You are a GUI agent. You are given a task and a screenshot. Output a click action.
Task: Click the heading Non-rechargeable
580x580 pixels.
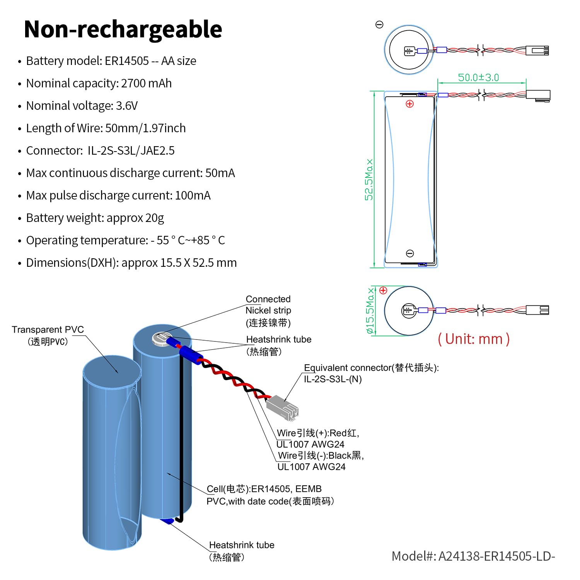pyautogui.click(x=123, y=30)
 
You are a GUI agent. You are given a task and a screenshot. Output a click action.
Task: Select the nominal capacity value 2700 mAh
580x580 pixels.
pyautogui.click(x=146, y=83)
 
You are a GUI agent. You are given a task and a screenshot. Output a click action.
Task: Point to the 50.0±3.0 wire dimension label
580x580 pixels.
pyautogui.click(x=479, y=77)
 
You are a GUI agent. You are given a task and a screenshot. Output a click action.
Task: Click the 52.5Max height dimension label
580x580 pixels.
pyautogui.click(x=369, y=179)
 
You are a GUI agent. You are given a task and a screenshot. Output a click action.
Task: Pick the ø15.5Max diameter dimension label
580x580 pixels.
pyautogui.click(x=370, y=310)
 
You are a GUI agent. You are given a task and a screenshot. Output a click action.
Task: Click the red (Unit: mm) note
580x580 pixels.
pyautogui.click(x=474, y=339)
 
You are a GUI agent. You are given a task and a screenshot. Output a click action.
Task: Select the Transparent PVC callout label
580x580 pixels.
pyautogui.click(x=48, y=335)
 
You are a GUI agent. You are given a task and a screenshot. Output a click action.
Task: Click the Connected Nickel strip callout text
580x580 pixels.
pyautogui.click(x=268, y=310)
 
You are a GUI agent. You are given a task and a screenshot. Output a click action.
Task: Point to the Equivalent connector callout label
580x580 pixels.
pyautogui.click(x=371, y=373)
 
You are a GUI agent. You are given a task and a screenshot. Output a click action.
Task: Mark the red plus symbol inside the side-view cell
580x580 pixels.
pyautogui.click(x=410, y=104)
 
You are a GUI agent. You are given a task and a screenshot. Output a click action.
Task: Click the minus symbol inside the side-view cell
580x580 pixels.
pyautogui.click(x=410, y=253)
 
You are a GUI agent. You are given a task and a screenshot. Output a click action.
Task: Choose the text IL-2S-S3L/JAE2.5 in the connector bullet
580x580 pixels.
pyautogui.click(x=131, y=150)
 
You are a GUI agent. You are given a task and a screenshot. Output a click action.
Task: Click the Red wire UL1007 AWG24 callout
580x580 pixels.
pyautogui.click(x=318, y=438)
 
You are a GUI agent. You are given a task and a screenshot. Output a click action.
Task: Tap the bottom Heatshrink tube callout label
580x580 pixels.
pyautogui.click(x=242, y=551)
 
